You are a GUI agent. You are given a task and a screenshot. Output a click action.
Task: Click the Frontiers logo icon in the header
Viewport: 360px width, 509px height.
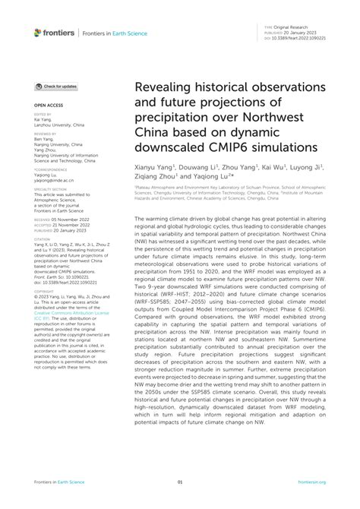(38, 32)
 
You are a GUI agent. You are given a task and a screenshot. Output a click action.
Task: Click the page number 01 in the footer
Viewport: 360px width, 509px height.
(180, 482)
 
